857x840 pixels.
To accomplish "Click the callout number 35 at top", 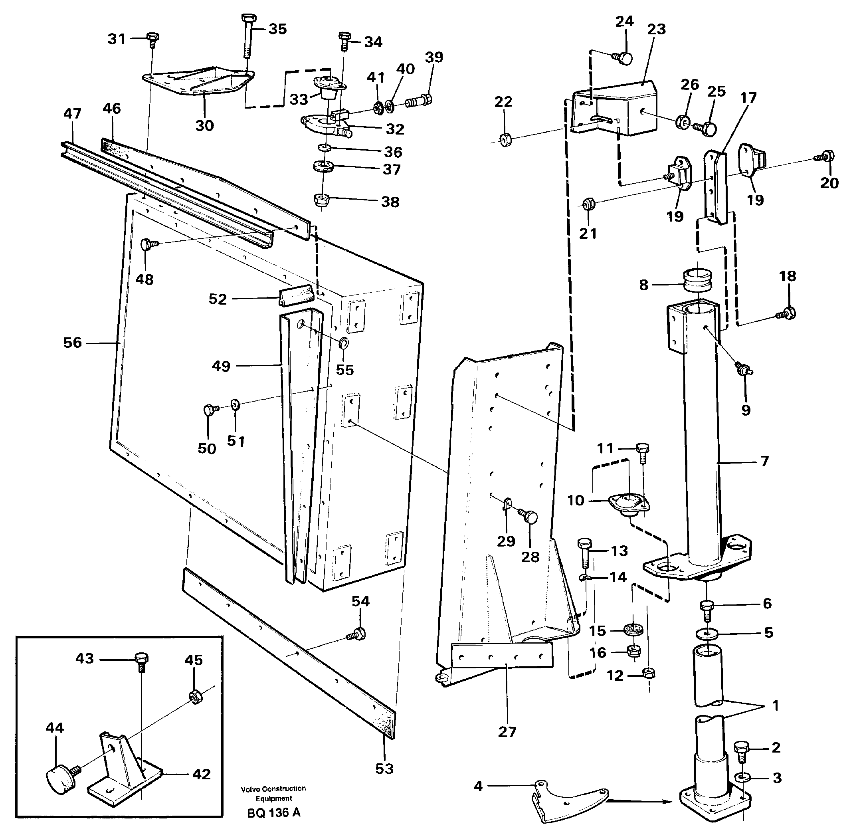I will click(x=277, y=29).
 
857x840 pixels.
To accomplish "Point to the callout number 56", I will click(x=73, y=343).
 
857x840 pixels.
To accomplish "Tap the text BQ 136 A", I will click(x=273, y=812).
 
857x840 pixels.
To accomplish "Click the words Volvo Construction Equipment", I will click(x=273, y=793).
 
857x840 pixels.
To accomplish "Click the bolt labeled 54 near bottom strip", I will click(x=357, y=634).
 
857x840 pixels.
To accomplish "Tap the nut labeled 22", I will click(x=507, y=140).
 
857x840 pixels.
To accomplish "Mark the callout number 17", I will click(x=748, y=98).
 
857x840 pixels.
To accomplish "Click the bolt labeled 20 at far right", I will click(x=826, y=156).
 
